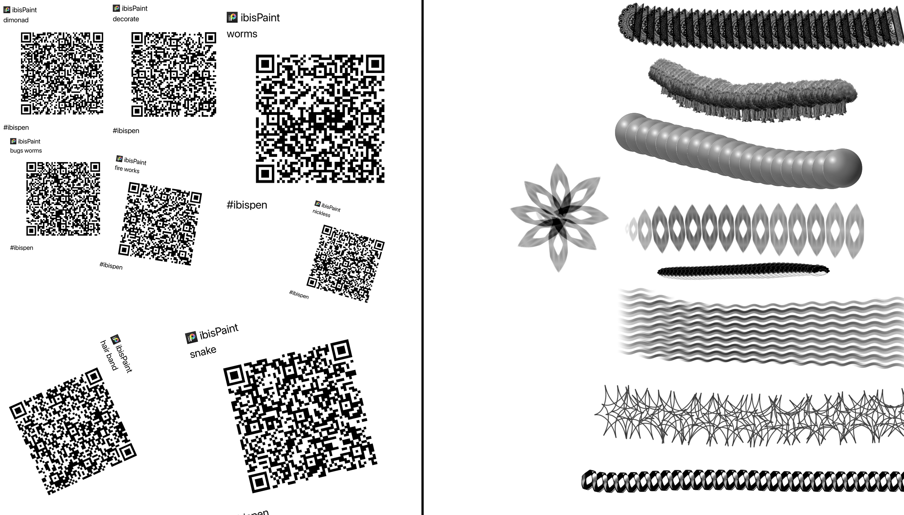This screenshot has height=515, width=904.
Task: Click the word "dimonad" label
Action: pyautogui.click(x=16, y=20)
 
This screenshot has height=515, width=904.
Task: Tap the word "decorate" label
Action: pyautogui.click(x=126, y=19)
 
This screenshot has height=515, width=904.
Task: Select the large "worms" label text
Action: pyautogui.click(x=242, y=34)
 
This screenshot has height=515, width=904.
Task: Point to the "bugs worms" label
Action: pyautogui.click(x=26, y=151)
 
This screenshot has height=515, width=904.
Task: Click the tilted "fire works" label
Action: pyautogui.click(x=127, y=169)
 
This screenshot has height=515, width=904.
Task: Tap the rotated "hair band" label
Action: pyautogui.click(x=109, y=355)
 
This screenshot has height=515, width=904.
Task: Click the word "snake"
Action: pyautogui.click(x=203, y=351)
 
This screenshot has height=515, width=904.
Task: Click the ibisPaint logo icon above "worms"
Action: pyautogui.click(x=232, y=17)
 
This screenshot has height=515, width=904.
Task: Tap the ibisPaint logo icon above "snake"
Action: pyautogui.click(x=191, y=338)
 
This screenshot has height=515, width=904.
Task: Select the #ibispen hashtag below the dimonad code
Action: pyautogui.click(x=16, y=128)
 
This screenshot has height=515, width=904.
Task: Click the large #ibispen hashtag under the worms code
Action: pyautogui.click(x=247, y=205)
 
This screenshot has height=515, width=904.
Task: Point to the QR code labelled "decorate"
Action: pyautogui.click(x=174, y=74)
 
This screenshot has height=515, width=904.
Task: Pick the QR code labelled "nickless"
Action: pyautogui.click(x=346, y=264)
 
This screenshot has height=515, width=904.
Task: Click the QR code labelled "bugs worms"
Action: pyautogui.click(x=63, y=199)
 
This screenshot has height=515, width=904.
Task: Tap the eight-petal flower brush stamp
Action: pyautogui.click(x=559, y=218)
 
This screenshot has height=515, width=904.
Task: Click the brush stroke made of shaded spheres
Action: pyautogui.click(x=738, y=151)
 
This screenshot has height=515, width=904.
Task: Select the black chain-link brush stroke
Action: pyautogui.click(x=742, y=481)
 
